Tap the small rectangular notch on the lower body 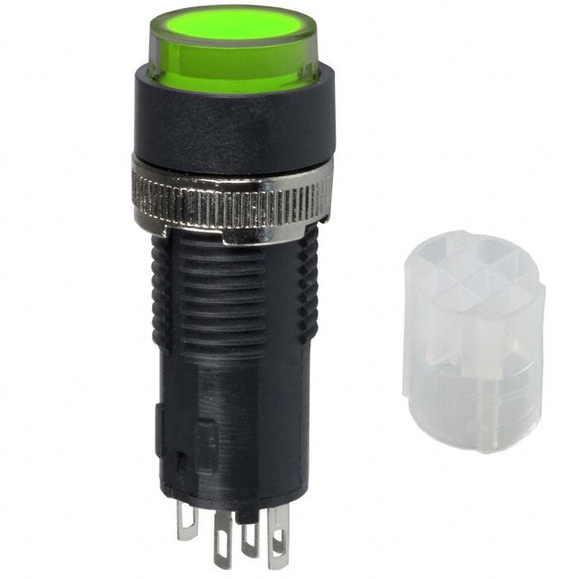[x=180, y=459]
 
